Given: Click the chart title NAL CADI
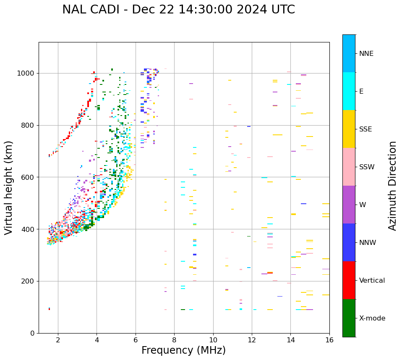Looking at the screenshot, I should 178,10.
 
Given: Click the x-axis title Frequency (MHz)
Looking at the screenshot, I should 183,350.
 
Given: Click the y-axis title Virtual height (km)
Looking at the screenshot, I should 9,187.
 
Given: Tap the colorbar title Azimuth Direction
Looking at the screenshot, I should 392,185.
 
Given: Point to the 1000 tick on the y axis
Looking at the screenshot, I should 28,73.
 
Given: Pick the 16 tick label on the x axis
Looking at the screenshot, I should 329,340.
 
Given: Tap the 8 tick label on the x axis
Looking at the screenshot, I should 174,340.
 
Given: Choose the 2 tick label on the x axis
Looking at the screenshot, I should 58,340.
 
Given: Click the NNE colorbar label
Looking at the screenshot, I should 366,54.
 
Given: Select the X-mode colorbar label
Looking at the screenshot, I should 372,318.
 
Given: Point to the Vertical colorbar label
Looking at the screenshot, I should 372,281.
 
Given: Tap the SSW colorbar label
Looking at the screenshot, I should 367,167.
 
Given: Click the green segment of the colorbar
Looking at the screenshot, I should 349,318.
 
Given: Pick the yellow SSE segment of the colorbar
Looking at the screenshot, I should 349,129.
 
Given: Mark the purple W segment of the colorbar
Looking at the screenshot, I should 349,205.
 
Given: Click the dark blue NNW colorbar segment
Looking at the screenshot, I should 349,242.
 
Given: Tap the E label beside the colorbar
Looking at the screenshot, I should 361,92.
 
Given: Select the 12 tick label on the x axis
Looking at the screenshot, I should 252,340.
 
